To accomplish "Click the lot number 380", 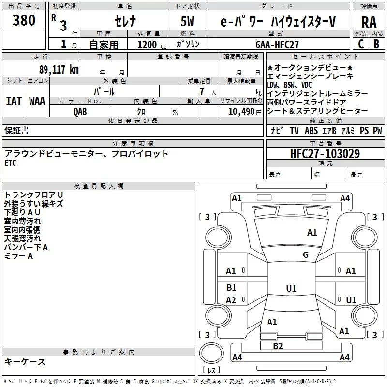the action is pyautogui.click(x=24, y=21).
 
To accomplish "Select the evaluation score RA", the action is pyautogui.click(x=369, y=22).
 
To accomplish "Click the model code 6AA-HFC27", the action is pyautogui.click(x=278, y=45).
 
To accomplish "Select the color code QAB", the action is pyautogui.click(x=80, y=111).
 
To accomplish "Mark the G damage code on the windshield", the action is pyautogui.click(x=305, y=255).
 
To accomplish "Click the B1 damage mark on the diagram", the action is pyautogui.click(x=231, y=287).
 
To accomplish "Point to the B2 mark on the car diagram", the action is pyautogui.click(x=277, y=345).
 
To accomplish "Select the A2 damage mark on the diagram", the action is pyautogui.click(x=231, y=300).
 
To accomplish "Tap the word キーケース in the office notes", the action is pyautogui.click(x=25, y=361).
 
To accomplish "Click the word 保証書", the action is pyautogui.click(x=16, y=130).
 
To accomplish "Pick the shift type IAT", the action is pyautogui.click(x=14, y=101).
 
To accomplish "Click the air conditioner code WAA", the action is pyautogui.click(x=37, y=101).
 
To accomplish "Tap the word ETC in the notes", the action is pyautogui.click(x=10, y=163).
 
